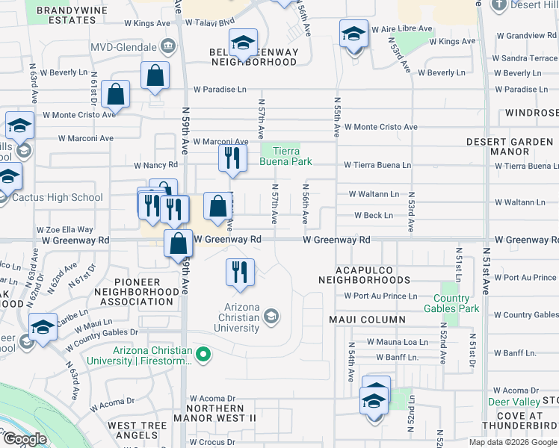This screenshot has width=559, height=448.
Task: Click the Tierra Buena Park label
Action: [285, 155]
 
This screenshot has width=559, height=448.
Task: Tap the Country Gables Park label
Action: [451, 302]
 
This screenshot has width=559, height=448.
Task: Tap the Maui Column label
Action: [367, 320]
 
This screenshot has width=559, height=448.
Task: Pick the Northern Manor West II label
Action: [215, 414]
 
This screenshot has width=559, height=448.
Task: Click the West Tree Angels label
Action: [141, 431]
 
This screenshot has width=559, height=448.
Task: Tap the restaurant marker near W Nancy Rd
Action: [232, 158]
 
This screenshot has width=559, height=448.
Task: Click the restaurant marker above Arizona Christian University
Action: [240, 273]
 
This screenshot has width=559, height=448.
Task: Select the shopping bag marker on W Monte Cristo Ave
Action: [116, 94]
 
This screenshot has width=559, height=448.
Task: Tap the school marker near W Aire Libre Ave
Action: [353, 34]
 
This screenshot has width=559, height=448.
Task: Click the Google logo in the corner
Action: [25, 439]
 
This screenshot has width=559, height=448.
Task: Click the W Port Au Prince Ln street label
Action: [380, 296]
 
